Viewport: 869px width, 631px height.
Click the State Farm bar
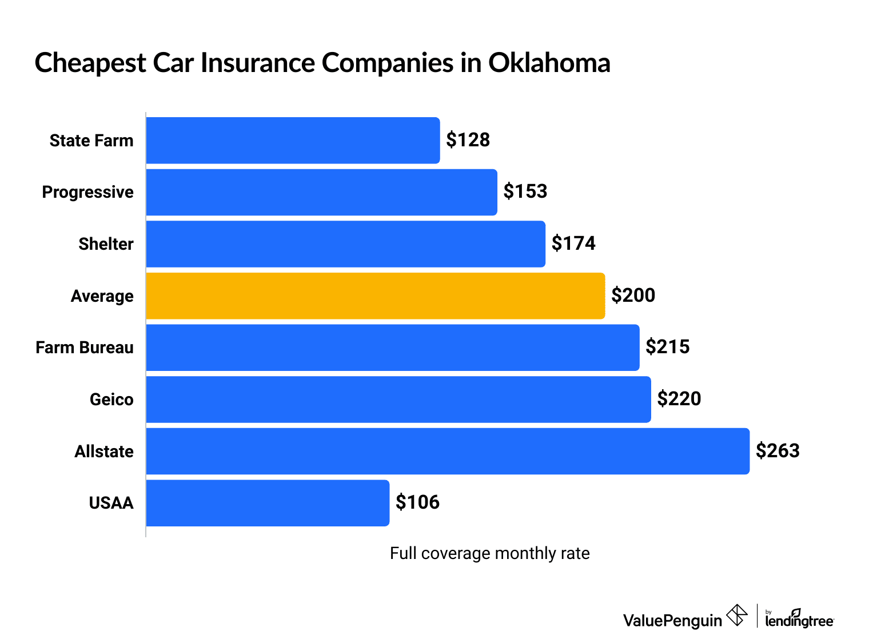(x=293, y=141)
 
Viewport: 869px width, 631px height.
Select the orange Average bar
(x=375, y=296)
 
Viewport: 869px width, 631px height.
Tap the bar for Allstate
(x=448, y=451)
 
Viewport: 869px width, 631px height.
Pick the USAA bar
(x=268, y=503)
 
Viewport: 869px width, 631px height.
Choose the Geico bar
(x=398, y=400)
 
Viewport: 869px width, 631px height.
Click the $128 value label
(x=468, y=140)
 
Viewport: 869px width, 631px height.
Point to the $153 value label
(x=525, y=191)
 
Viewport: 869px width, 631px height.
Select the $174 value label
(x=573, y=243)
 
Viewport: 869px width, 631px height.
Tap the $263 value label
(x=777, y=451)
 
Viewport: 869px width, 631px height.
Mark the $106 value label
(x=417, y=502)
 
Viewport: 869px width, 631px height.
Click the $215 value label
(x=667, y=347)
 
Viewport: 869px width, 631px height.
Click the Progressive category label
(x=87, y=192)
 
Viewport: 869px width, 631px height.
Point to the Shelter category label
(x=106, y=244)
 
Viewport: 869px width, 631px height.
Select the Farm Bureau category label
(x=85, y=348)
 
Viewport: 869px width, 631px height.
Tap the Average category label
(x=102, y=296)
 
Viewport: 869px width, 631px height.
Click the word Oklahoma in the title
(x=549, y=63)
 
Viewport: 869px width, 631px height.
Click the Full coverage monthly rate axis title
(x=489, y=553)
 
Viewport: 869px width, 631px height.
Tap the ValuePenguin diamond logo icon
(x=736, y=616)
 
